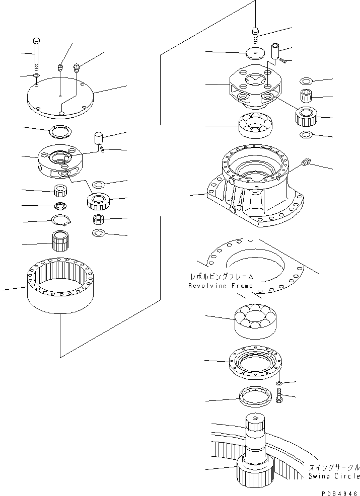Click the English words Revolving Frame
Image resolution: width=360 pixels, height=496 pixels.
click(221, 286)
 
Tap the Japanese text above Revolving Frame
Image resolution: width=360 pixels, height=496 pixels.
click(222, 276)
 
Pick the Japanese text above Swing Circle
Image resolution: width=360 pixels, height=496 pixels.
click(334, 467)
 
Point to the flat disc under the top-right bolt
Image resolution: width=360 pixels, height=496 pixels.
click(256, 53)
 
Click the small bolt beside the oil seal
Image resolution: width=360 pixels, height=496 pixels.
click(280, 398)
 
